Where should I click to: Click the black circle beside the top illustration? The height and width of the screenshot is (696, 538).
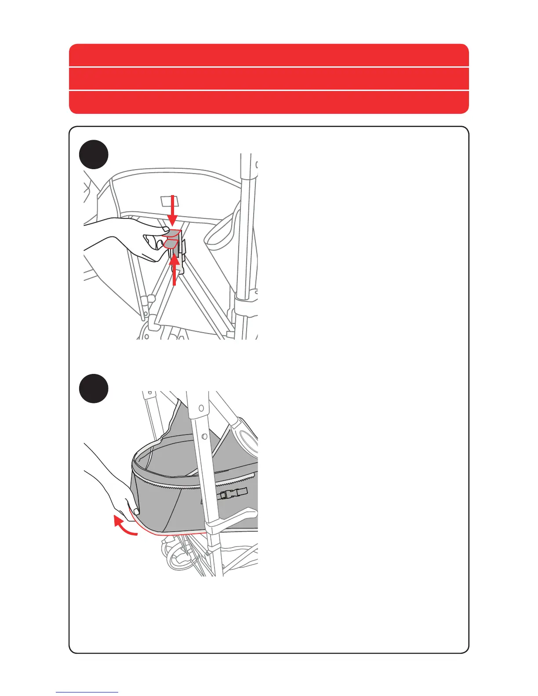tap(94, 155)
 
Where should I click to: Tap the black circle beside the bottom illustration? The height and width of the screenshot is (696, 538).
tap(94, 388)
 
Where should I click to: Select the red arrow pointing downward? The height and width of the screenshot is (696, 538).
tap(172, 210)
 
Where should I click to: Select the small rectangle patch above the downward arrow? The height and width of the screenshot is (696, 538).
tap(167, 201)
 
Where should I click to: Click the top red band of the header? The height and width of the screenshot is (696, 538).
tap(269, 55)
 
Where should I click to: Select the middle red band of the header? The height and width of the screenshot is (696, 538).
tap(269, 79)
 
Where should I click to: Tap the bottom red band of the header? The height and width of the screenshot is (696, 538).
tap(269, 102)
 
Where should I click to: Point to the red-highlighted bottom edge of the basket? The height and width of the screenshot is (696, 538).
tap(176, 533)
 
